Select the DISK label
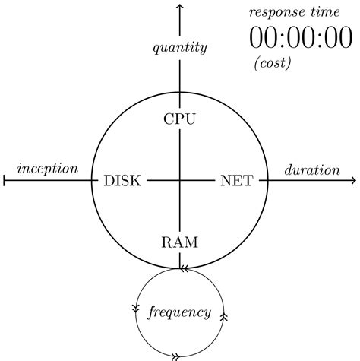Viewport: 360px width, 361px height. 122,181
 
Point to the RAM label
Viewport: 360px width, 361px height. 180,243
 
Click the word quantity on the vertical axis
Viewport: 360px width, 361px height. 180,49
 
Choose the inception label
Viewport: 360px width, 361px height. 47,168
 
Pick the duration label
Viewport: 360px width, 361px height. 311,169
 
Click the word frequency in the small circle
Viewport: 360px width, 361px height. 179,312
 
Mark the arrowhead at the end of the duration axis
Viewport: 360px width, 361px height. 352,181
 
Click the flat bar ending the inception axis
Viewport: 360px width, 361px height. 5,181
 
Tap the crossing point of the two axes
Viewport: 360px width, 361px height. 180,181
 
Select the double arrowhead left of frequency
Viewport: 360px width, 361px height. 137,308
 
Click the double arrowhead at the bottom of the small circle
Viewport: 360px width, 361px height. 175,355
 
